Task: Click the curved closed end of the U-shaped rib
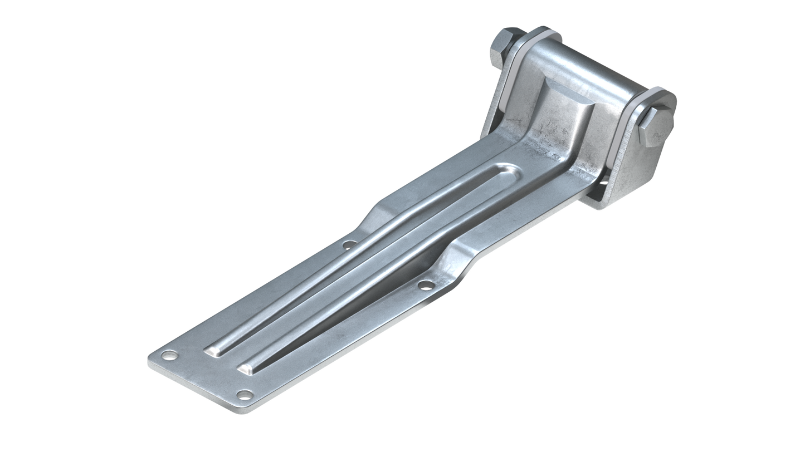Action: [504, 170]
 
